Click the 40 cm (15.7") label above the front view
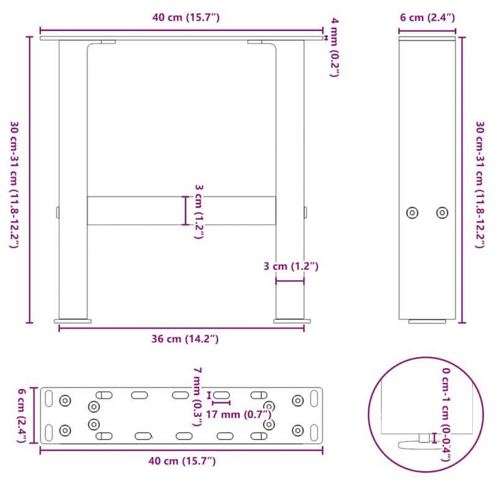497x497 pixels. [186, 17]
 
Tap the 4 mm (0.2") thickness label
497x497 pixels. [335, 48]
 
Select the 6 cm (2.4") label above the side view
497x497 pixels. [428, 17]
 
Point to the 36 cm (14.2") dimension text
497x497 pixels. [185, 339]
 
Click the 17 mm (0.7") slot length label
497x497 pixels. [239, 414]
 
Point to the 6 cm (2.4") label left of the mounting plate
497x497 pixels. [22, 414]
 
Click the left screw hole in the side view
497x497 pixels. [412, 212]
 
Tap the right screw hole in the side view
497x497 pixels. [442, 212]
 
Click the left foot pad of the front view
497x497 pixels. [73, 321]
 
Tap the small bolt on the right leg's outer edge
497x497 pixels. [306, 212]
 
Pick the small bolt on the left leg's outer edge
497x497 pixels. [57, 212]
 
